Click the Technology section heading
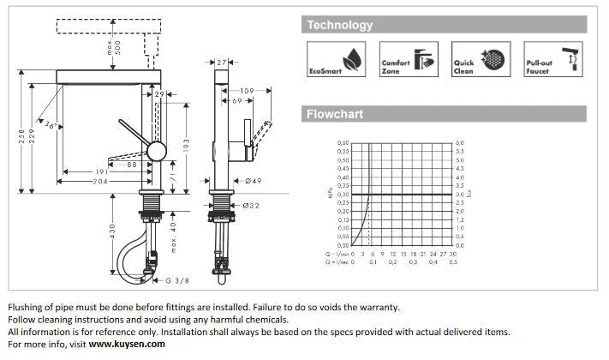click(340, 26)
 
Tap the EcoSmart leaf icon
click(351, 59)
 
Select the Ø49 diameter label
click(253, 181)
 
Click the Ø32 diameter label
click(252, 206)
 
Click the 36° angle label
click(54, 126)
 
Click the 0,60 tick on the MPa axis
click(343, 143)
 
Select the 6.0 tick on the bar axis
click(459, 143)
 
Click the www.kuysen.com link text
click(127, 344)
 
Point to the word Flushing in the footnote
click(27, 307)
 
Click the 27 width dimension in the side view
click(222, 63)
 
